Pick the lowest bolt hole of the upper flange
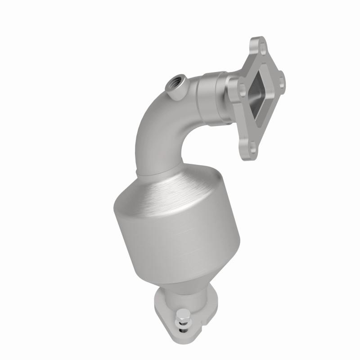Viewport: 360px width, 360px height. pyautogui.click(x=254, y=146)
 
